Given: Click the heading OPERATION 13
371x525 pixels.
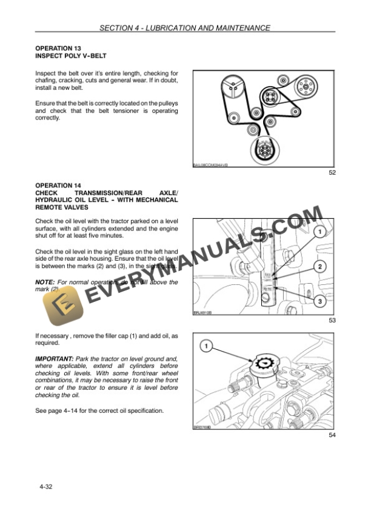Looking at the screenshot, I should coord(58,48).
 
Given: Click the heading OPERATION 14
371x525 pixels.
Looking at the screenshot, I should coord(58,184).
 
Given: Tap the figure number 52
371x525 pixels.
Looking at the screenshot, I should coord(332,173).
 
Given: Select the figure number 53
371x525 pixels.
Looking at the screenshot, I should coord(332,320).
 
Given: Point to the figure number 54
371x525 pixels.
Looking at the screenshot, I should coord(332,435).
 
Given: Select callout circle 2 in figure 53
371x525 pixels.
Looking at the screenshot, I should coord(319,266).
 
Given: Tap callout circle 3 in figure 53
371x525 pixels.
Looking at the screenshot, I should coord(319,301).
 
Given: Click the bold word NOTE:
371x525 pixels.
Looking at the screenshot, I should coord(45,282).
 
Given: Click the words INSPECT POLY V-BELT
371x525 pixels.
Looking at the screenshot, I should coord(71,56).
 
